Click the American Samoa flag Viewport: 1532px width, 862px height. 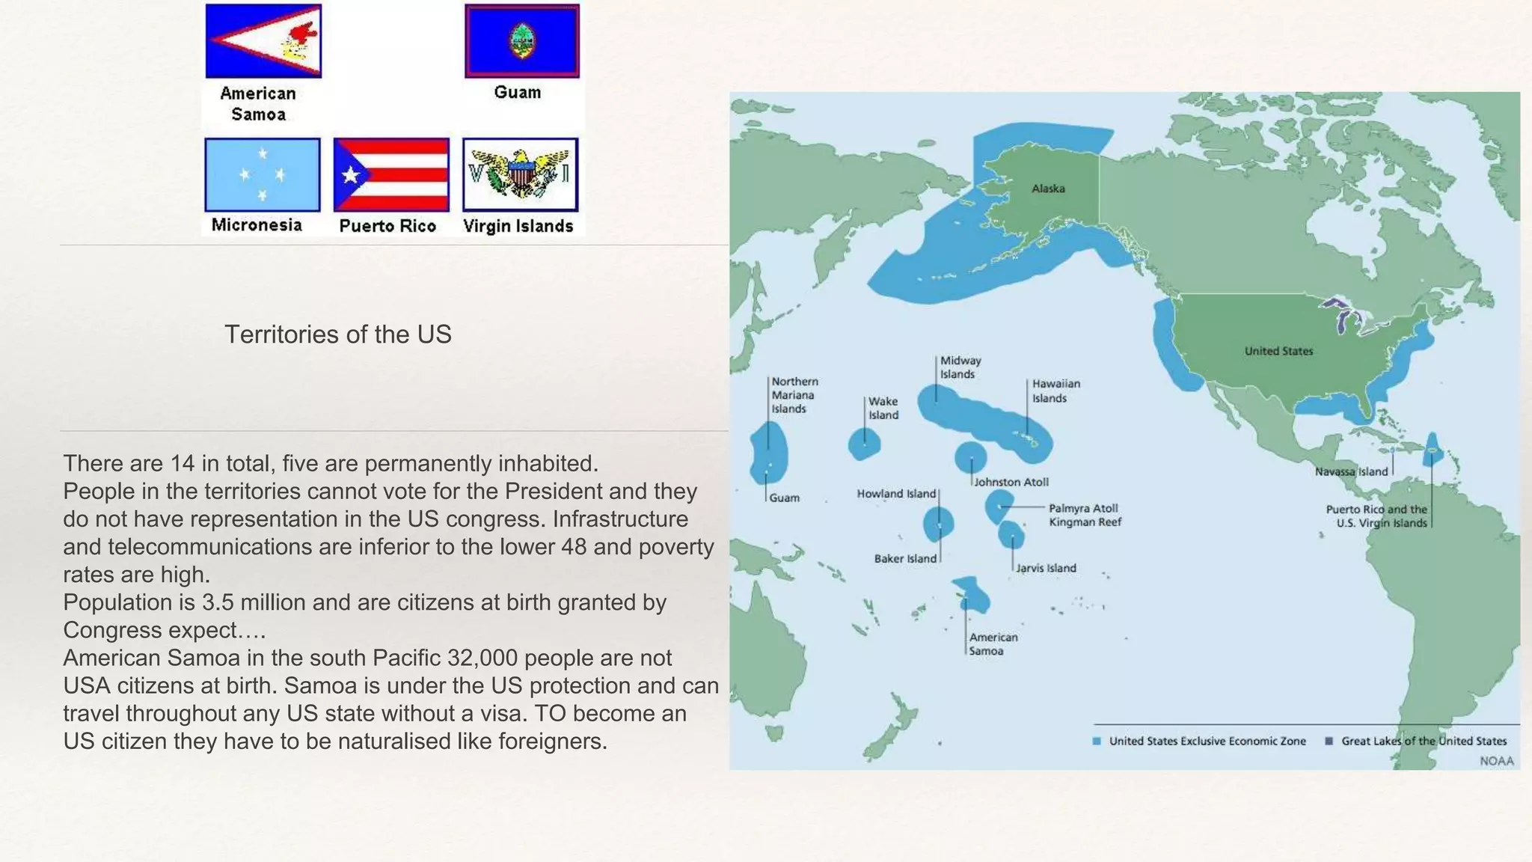263,41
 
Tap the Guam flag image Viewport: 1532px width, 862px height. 521,41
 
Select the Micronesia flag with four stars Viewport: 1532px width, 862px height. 262,174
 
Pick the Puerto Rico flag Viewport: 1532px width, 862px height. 391,174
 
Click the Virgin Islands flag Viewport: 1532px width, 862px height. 520,174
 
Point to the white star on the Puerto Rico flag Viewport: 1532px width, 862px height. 350,175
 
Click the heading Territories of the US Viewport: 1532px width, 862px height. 338,334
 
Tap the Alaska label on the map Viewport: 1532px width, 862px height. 1048,189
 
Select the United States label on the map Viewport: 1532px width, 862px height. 1278,351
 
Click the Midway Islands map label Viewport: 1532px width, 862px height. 960,367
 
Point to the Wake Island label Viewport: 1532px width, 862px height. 883,409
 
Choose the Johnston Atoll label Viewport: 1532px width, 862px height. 1011,483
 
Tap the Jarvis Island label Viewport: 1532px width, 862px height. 1046,568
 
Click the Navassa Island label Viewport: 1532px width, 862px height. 1351,471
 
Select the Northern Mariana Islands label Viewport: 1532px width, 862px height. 794,395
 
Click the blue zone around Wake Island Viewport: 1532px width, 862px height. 864,444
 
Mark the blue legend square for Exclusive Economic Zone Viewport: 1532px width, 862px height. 1097,741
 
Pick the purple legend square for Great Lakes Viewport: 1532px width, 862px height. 1329,741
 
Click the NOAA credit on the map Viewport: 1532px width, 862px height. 1496,761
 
